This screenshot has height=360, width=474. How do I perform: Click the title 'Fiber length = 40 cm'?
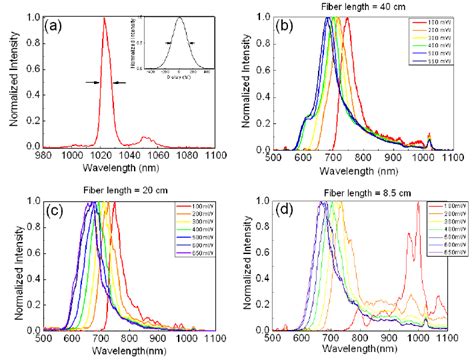pyautogui.click(x=341, y=7)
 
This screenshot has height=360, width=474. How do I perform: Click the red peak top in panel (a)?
pyautogui.click(x=105, y=17)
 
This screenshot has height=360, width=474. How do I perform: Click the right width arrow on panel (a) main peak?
pyautogui.click(x=120, y=82)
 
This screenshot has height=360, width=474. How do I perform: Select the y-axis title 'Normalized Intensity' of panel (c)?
pyautogui.click(x=9, y=265)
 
